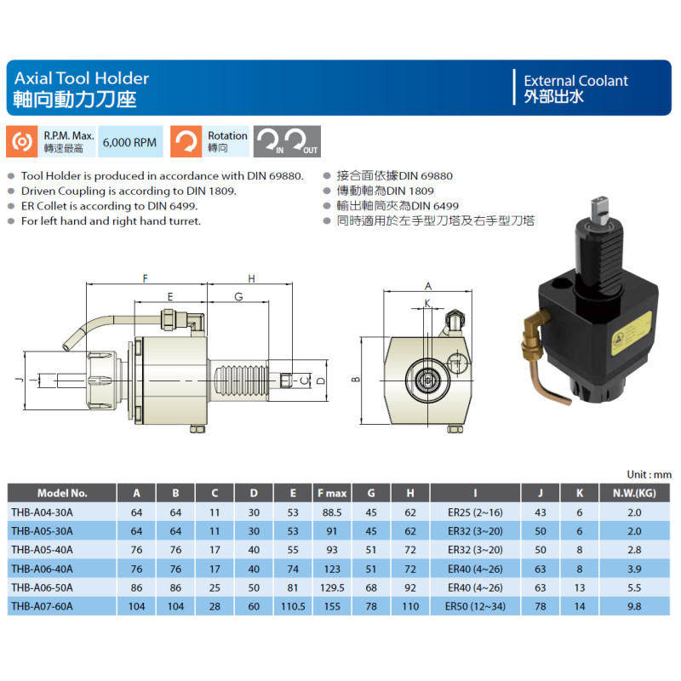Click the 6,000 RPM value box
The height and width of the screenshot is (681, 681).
130,141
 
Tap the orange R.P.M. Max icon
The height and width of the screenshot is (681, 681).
22,141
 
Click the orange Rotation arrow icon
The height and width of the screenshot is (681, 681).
186,141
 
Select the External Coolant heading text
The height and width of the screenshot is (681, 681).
575,81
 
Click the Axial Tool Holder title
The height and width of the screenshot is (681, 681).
82,78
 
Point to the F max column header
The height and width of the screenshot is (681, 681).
332,494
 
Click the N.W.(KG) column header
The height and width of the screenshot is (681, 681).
634,494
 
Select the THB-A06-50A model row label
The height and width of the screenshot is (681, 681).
42,587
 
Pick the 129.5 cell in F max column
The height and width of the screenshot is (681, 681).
332,587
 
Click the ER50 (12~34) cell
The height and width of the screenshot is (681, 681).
475,606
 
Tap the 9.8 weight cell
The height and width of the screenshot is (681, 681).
634,606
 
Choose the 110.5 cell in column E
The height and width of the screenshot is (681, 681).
293,606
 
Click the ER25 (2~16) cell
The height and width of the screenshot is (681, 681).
475,512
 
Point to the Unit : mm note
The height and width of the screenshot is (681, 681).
649,474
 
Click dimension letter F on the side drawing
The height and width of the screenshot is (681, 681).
146,278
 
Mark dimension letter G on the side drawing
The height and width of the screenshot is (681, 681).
238,296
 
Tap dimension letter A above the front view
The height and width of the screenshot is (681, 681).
428,286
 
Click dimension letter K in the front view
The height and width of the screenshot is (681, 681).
427,303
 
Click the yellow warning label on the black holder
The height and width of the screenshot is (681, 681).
631,334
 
